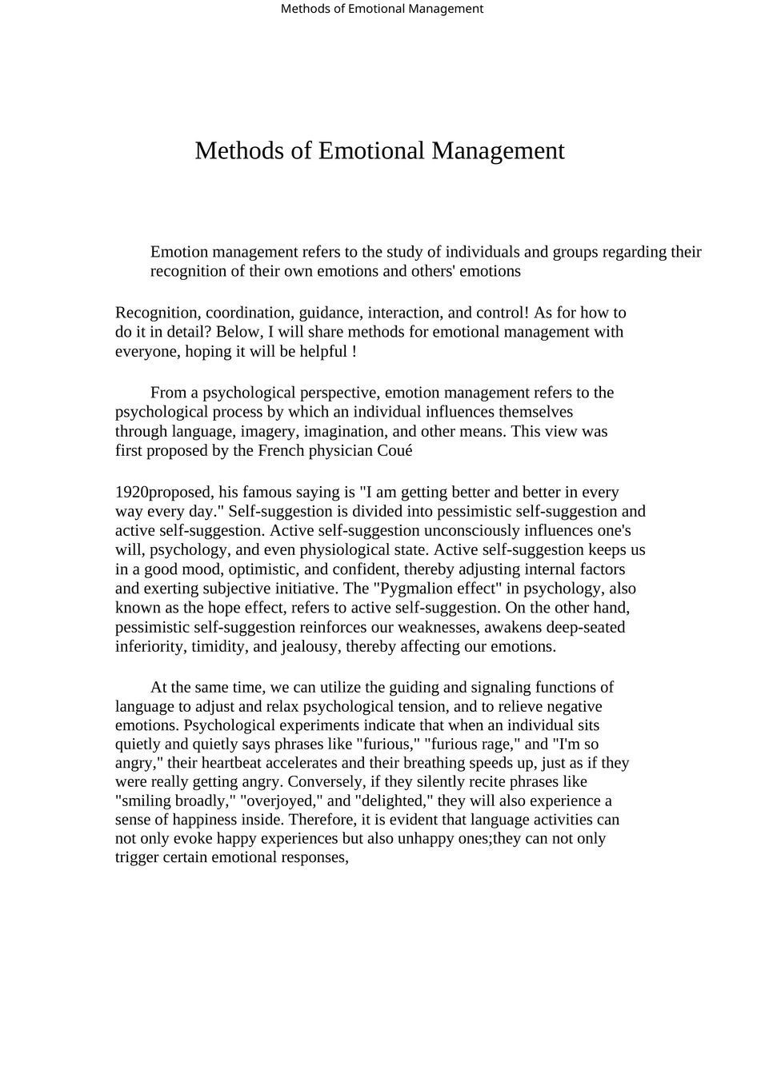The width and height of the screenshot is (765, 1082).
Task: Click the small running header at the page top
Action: click(382, 9)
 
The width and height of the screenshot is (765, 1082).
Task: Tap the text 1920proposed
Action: click(165, 492)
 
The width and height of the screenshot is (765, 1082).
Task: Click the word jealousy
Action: click(309, 646)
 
